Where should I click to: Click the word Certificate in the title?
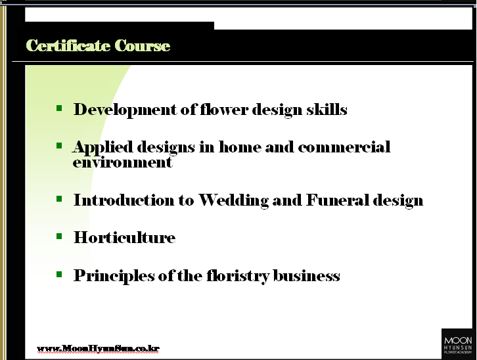click(x=68, y=45)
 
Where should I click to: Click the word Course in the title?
click(x=143, y=45)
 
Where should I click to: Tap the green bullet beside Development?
click(x=59, y=108)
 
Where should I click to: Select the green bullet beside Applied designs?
click(x=59, y=146)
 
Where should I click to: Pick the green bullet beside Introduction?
click(x=59, y=199)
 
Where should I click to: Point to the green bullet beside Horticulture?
click(x=59, y=236)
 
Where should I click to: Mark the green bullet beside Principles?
click(x=59, y=275)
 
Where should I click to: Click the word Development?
click(x=125, y=110)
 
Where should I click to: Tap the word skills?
click(x=327, y=109)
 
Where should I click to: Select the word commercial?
click(x=344, y=147)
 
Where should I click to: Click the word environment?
click(x=123, y=162)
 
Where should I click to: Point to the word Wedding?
click(x=234, y=200)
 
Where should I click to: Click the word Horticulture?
click(x=125, y=237)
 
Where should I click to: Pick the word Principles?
click(x=114, y=276)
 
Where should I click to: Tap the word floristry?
click(x=238, y=276)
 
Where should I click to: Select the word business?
click(x=307, y=275)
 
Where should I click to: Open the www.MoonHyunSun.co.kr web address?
click(x=99, y=348)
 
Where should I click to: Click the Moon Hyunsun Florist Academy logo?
click(x=458, y=344)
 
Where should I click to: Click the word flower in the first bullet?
click(x=224, y=109)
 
